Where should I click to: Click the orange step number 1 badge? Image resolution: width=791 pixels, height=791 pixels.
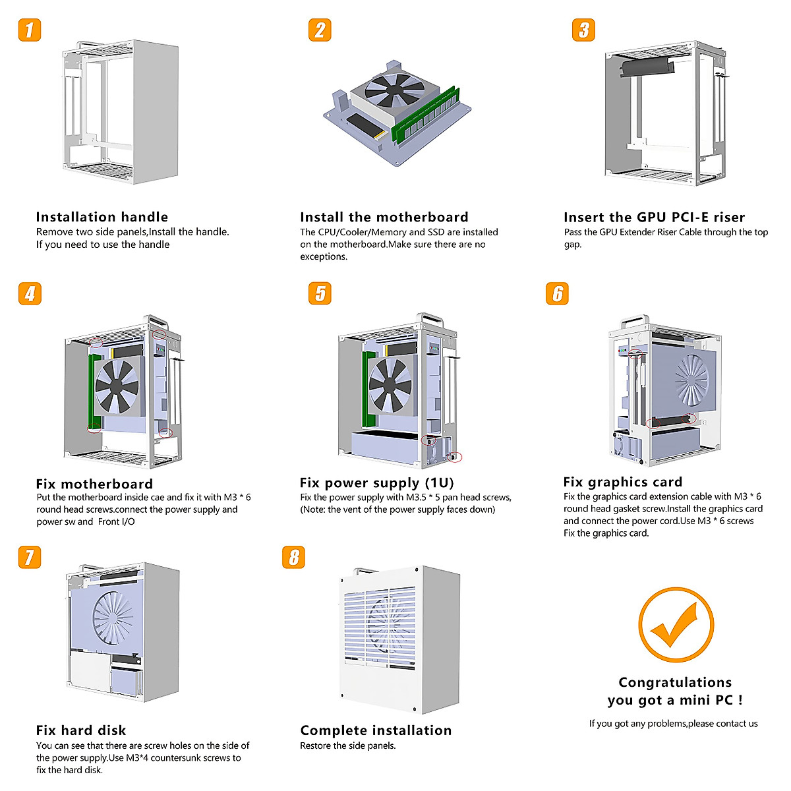(30, 30)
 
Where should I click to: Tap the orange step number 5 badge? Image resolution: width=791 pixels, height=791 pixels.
(320, 293)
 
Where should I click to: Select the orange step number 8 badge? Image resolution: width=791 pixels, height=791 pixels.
(293, 557)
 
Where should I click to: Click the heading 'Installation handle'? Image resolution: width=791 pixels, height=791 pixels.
(102, 217)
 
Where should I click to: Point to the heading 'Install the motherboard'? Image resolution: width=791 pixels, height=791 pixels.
(384, 217)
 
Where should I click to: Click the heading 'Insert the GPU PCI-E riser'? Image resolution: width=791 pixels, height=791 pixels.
(654, 217)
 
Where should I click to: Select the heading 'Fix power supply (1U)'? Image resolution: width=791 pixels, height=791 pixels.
(376, 483)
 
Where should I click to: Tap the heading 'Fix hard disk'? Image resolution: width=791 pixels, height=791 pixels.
(80, 730)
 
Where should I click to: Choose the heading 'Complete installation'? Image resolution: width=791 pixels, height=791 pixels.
(376, 730)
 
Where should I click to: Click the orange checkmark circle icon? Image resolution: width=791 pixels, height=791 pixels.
(676, 625)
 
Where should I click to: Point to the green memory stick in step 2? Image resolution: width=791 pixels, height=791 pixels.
(425, 116)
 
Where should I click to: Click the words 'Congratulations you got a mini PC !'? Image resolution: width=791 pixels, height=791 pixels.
(675, 691)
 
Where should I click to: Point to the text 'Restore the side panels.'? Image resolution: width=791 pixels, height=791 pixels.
(347, 746)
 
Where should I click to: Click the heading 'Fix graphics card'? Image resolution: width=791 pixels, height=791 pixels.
(622, 482)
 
